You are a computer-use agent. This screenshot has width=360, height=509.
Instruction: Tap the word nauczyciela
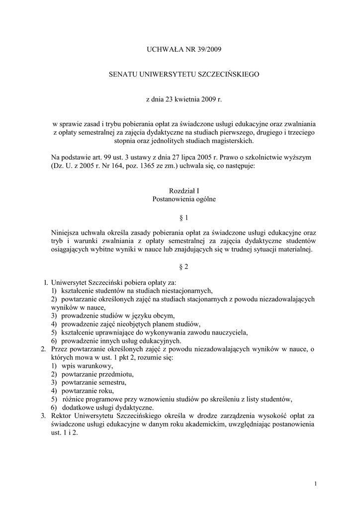coord(227,332)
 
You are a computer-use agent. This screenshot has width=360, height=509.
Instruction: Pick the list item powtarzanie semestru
coord(94,382)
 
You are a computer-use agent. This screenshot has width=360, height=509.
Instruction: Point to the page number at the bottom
coord(316,483)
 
